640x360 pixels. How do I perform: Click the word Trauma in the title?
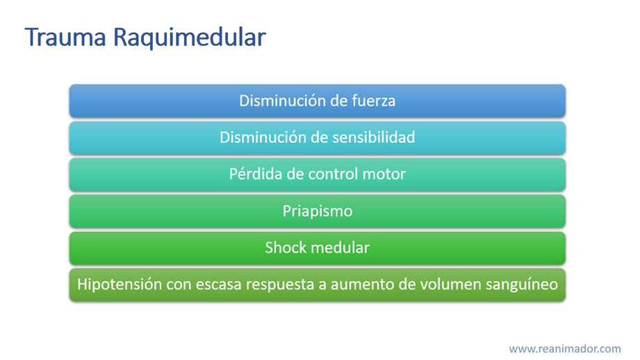click(x=65, y=37)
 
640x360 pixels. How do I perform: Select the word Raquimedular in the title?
click(x=190, y=37)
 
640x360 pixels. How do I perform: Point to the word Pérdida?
click(x=256, y=174)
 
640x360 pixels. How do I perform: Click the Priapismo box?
click(x=317, y=211)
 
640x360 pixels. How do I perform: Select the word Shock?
click(x=282, y=247)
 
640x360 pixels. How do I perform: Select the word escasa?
click(x=219, y=285)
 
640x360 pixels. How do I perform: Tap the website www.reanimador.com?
click(x=565, y=349)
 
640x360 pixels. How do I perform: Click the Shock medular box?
click(x=317, y=248)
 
